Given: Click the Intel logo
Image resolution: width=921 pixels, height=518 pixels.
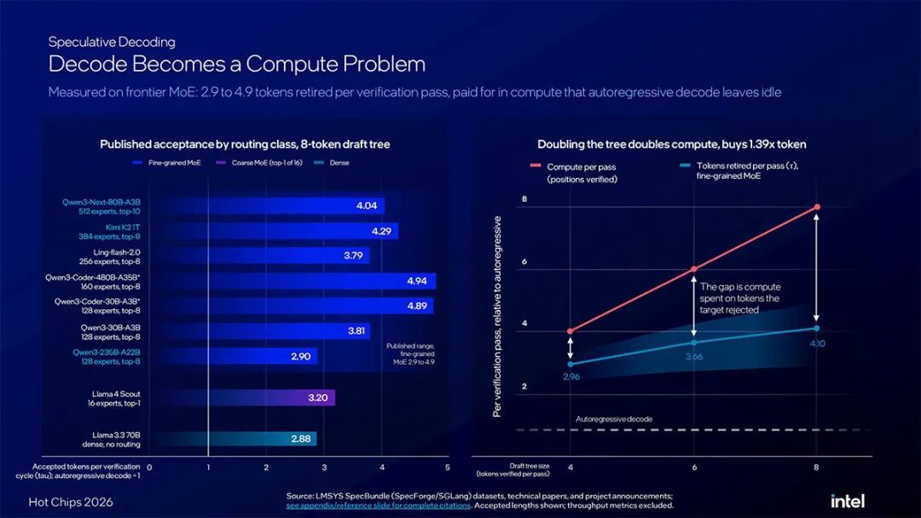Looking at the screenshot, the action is point(847,501).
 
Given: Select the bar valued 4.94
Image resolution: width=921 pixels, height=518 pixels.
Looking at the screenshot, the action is point(321,281).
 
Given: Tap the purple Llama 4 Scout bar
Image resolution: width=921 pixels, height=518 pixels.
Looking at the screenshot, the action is point(271,398).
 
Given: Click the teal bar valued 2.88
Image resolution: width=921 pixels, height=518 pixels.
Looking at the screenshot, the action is point(262,439).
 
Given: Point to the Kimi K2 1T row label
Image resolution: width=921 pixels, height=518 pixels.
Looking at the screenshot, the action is point(109,232).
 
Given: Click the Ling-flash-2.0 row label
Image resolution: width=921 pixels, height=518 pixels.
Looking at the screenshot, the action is point(110,257).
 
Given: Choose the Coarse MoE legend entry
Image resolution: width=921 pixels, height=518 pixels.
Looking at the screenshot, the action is point(259,163).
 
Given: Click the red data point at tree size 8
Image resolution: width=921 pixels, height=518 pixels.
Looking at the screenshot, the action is point(816,207).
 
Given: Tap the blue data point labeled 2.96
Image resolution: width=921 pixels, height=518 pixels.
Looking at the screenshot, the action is point(571,365).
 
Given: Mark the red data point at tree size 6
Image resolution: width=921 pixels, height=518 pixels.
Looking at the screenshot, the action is point(693,269).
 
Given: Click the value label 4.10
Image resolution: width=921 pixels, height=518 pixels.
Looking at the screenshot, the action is point(817,343).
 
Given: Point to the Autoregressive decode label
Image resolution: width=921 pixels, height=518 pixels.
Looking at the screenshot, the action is point(614,419).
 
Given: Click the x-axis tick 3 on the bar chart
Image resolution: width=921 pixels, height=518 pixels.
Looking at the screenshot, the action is point(324,468).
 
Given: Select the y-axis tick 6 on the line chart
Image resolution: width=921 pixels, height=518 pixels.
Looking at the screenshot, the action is point(524,262).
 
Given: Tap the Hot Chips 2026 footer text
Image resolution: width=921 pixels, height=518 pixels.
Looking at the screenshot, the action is point(71,502).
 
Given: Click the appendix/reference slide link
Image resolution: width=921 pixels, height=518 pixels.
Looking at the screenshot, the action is point(379,505).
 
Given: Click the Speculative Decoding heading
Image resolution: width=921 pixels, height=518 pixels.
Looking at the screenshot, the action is point(112,42).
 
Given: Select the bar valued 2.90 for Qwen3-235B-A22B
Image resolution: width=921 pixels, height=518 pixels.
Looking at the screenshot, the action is point(263,356).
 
